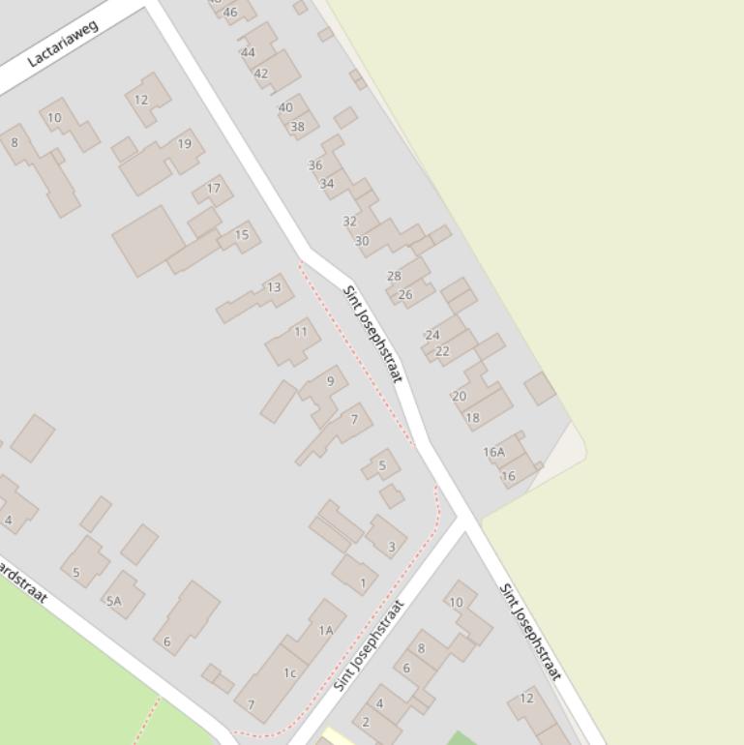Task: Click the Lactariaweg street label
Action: tap(63, 45)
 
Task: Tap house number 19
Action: tap(184, 144)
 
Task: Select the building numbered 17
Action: tap(214, 189)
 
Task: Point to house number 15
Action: tap(242, 234)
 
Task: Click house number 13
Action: tap(274, 287)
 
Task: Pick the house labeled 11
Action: tap(301, 332)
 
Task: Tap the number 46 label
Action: tap(230, 13)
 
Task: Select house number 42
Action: tap(261, 74)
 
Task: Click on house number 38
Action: tap(297, 127)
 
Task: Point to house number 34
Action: tap(327, 184)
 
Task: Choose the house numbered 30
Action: tap(362, 241)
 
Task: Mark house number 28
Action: tap(394, 276)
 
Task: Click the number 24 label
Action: tap(432, 336)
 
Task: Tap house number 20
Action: tap(459, 396)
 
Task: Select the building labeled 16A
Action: tap(493, 452)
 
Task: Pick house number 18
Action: tap(472, 418)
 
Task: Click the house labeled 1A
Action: tap(326, 631)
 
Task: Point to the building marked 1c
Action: tap(289, 672)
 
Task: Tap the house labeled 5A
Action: tap(114, 601)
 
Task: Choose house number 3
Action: tap(392, 547)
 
